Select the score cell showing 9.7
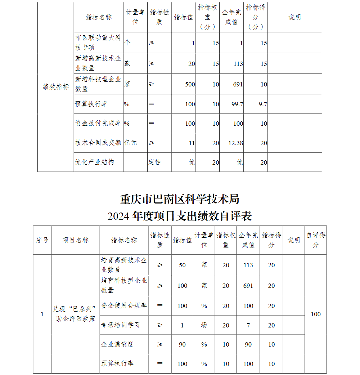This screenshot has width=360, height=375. (x=263, y=104)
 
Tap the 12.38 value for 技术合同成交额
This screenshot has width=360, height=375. (x=236, y=143)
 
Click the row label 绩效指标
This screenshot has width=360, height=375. (x=56, y=87)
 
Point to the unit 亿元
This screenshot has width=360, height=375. (x=131, y=143)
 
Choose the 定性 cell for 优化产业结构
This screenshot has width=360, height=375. (x=154, y=162)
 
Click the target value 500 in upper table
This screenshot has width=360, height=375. (x=190, y=84)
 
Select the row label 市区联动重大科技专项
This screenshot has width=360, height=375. (x=98, y=43)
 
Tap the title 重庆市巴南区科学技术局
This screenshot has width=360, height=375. (x=180, y=198)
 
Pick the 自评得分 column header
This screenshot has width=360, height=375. (x=316, y=240)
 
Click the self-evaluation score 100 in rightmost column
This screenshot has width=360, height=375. (x=316, y=314)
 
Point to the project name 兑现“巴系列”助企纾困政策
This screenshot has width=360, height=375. (x=75, y=314)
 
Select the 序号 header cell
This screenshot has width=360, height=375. (x=42, y=240)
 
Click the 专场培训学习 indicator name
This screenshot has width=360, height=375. (x=120, y=325)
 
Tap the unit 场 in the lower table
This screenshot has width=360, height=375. (x=204, y=325)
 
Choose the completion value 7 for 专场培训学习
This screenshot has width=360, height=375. (x=248, y=325)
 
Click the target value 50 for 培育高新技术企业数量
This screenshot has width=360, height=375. (x=182, y=265)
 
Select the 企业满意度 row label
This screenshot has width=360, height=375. (x=117, y=344)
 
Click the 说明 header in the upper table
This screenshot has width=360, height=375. (x=294, y=17)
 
